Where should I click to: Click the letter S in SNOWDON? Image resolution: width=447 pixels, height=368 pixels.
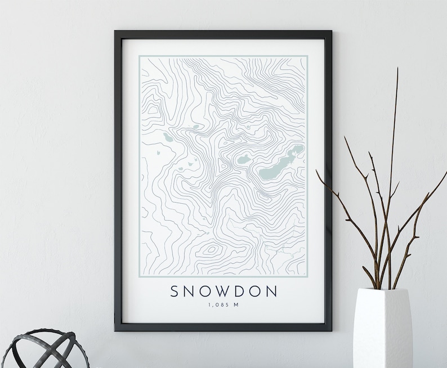(x=175, y=291)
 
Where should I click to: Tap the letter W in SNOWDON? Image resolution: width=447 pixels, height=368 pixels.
(x=223, y=291)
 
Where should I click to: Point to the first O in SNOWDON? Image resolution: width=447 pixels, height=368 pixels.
(x=208, y=291)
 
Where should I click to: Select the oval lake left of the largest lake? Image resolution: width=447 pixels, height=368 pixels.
(x=245, y=160)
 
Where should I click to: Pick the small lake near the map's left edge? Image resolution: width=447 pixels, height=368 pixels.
(x=167, y=137)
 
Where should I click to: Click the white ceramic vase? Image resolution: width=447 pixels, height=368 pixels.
(x=385, y=329)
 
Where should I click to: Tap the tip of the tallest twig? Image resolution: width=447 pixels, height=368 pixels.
(x=397, y=69)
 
